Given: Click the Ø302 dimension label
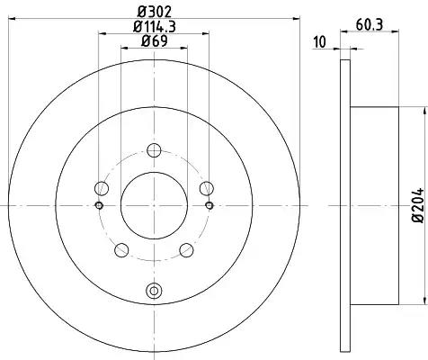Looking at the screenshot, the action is point(155,12).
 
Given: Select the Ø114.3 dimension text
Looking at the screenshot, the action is point(155,26).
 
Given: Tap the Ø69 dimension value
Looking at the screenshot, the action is point(155,40).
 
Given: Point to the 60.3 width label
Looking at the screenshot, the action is point(370,24).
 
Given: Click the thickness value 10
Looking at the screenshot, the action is point(319,42).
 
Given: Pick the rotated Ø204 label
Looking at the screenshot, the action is point(418,205).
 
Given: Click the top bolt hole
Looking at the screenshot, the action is point(154,150).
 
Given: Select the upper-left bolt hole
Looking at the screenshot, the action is point(102,188).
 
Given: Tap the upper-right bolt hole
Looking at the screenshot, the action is point(207,188).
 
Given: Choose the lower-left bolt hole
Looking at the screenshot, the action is point(121,250).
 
